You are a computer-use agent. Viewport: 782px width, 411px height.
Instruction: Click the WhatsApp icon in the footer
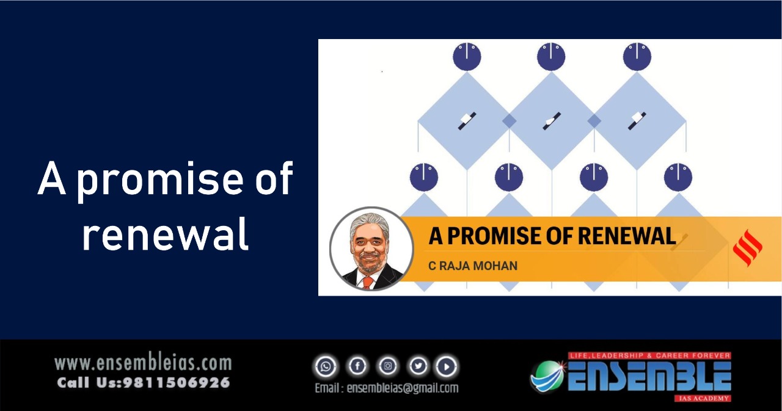tap(326, 366)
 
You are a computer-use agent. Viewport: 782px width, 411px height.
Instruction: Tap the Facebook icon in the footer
tap(357, 366)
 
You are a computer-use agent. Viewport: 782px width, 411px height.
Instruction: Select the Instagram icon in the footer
tap(387, 366)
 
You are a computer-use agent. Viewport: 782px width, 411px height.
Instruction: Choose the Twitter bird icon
tap(418, 366)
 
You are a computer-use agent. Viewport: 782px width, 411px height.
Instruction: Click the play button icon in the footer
tap(447, 366)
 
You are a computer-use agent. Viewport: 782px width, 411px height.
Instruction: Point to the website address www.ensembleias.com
tap(143, 363)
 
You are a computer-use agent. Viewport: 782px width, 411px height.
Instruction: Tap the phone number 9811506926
tap(177, 383)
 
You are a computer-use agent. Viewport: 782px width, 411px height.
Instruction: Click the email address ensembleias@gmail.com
tap(402, 388)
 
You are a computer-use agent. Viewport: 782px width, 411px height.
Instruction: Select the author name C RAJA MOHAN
tap(473, 266)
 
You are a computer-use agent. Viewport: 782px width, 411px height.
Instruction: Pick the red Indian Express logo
tap(747, 248)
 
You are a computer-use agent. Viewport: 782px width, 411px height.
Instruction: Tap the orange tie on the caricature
tap(368, 282)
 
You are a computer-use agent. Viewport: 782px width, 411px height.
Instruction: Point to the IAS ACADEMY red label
tap(703, 398)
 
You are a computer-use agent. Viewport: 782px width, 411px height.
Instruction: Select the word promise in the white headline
tap(160, 180)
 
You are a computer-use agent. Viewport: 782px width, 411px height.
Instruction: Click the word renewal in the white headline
tap(166, 234)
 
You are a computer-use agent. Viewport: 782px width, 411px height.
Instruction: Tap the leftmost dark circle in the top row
tap(467, 57)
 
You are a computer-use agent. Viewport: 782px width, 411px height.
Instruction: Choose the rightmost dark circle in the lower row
tap(678, 177)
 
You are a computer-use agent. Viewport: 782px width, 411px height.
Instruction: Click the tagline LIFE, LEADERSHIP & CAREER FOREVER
tap(649, 356)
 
